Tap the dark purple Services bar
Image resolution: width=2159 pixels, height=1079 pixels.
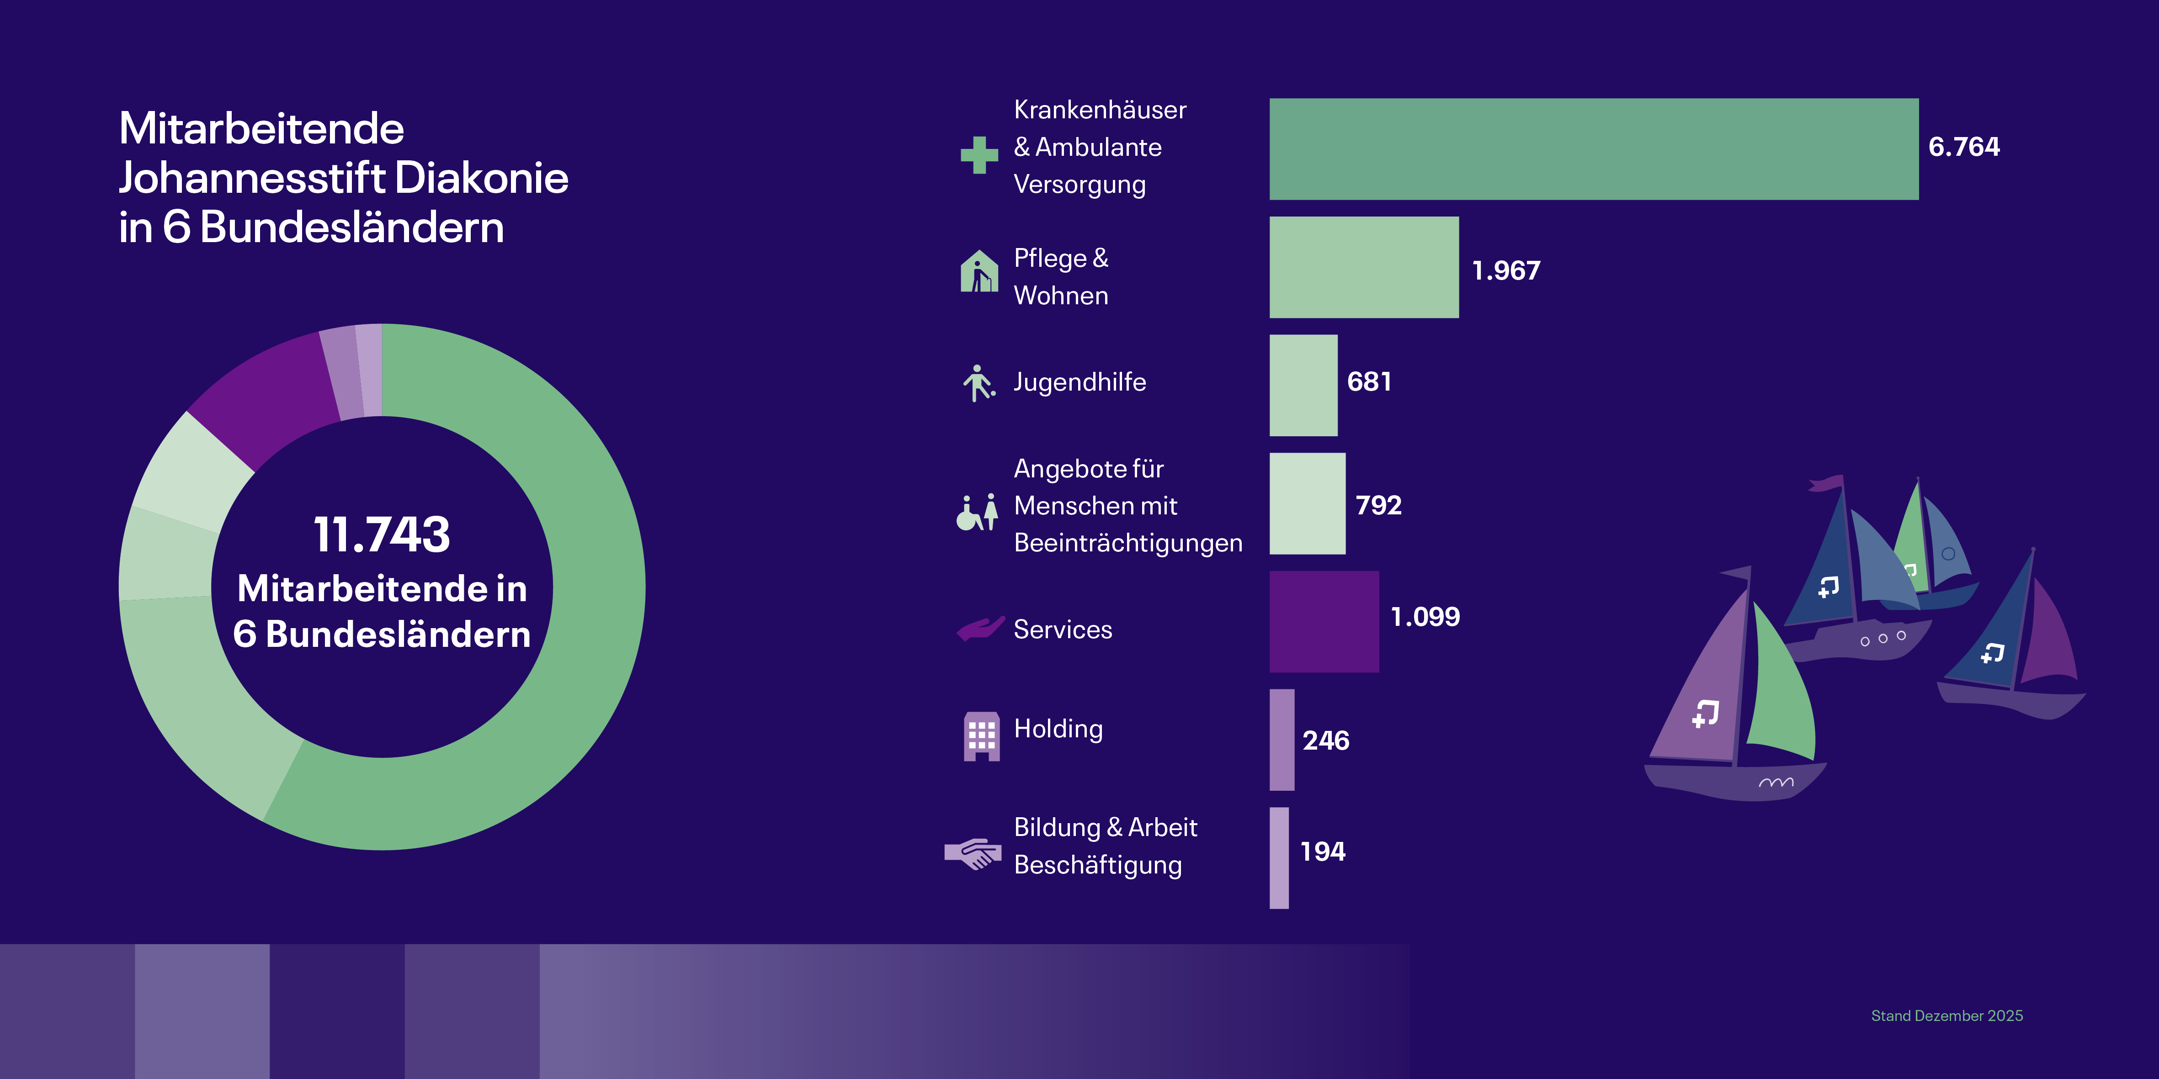coord(1324,622)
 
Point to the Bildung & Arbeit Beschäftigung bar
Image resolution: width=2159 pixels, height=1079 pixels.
coord(1279,858)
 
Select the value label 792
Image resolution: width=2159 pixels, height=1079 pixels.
coord(1379,505)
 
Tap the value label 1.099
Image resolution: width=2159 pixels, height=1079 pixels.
coord(1425,617)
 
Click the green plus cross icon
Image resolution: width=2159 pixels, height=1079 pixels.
coord(979,155)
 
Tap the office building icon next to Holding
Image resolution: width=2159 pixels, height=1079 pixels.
coord(981,736)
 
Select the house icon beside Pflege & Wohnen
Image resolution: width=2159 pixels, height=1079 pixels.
coord(979,270)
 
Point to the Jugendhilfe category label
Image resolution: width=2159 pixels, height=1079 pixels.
coord(1079,382)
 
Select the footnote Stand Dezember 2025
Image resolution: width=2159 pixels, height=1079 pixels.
coord(1947,1016)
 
